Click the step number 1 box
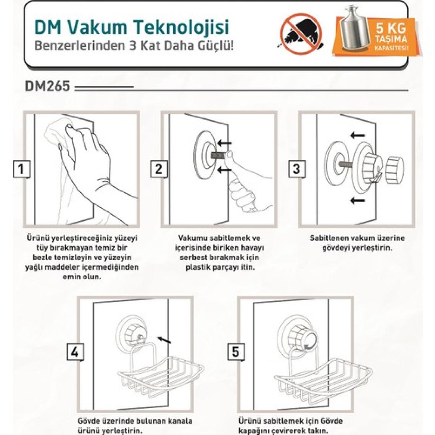(x=21, y=169)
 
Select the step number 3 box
(x=297, y=169)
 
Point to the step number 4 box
(x=75, y=352)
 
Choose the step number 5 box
(x=236, y=352)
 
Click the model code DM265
(x=47, y=86)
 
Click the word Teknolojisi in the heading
(x=182, y=27)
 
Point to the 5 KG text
(x=391, y=28)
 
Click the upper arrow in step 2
(x=224, y=143)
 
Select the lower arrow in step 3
(x=357, y=200)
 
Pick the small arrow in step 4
(x=164, y=340)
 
